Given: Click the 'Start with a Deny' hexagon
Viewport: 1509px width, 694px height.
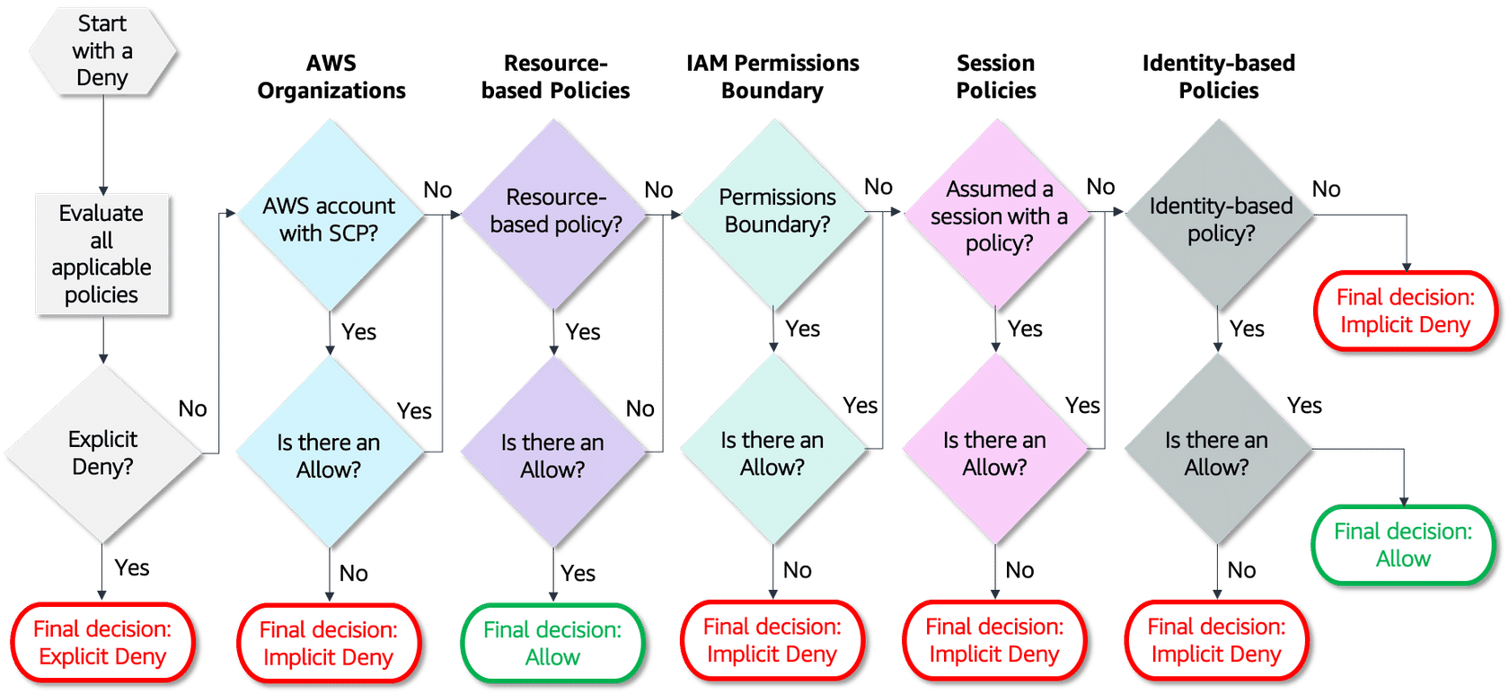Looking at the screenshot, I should point(101,50).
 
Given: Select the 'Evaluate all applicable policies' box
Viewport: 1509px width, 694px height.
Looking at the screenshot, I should point(101,254).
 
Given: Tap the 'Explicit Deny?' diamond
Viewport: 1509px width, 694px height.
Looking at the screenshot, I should point(102,452).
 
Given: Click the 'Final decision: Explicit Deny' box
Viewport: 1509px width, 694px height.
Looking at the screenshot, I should point(102,643).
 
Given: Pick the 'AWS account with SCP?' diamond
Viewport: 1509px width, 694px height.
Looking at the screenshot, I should point(329,218).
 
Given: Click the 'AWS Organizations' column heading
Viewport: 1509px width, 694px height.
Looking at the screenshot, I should point(331,77).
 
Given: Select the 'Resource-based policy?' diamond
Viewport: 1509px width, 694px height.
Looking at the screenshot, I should point(555,213).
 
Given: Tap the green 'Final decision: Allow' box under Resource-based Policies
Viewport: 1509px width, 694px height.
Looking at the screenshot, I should point(552,643).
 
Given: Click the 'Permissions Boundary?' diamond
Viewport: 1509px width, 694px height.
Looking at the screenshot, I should point(777,211).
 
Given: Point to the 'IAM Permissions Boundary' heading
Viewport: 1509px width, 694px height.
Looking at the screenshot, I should point(772,77).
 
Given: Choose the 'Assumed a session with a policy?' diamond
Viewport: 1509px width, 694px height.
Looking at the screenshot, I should point(998,215).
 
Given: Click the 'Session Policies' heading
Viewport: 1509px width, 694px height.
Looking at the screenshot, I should point(995,77).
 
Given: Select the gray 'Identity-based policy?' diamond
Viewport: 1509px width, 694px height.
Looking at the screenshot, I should point(1220,218).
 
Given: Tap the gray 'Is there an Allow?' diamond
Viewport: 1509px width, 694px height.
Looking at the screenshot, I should point(1216,452).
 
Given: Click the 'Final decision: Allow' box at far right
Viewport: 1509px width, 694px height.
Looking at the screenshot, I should point(1402,544).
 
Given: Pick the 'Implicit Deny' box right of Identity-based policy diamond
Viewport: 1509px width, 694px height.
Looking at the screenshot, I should point(1405,311).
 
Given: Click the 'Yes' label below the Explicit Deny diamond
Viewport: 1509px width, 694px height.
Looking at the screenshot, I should point(132,567).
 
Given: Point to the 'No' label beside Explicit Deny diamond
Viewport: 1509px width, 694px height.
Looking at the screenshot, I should point(192,409).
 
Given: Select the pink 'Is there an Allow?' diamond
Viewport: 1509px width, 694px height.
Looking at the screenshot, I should point(994,452).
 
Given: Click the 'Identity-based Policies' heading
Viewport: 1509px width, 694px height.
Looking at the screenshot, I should point(1218,77).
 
